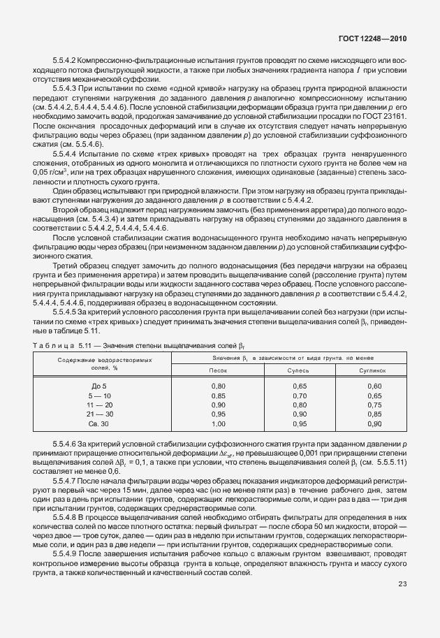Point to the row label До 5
click(x=99, y=386)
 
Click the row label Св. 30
click(x=99, y=423)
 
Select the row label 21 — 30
click(x=99, y=414)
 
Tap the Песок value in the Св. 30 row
click(x=219, y=423)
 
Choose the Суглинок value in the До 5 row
click(x=374, y=386)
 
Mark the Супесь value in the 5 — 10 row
click(x=300, y=395)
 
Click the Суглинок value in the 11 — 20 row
click(x=374, y=405)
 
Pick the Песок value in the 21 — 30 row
click(x=219, y=414)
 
